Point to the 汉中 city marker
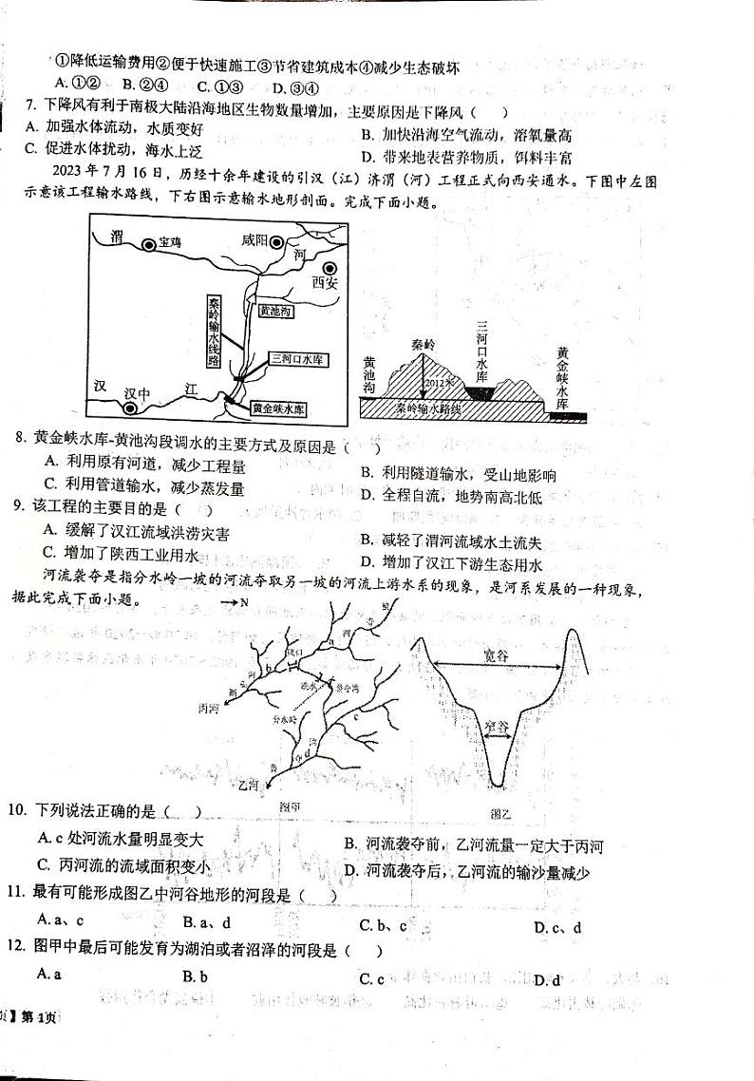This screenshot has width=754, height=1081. tap(130, 408)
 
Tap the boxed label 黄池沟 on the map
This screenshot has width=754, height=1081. tap(275, 311)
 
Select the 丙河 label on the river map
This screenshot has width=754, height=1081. tap(208, 708)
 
